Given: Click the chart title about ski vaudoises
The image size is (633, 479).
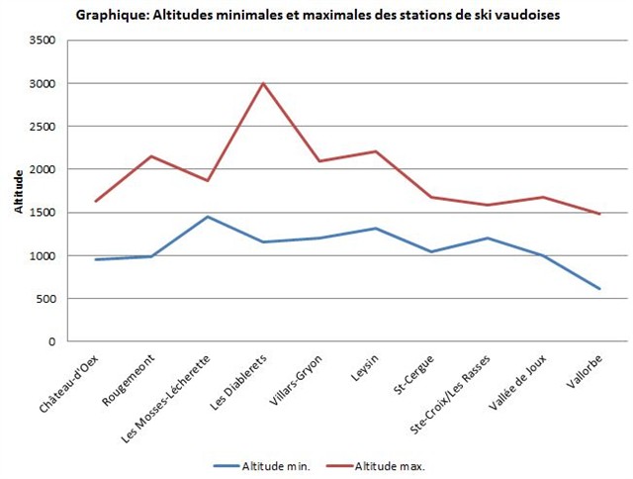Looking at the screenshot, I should pos(317,15).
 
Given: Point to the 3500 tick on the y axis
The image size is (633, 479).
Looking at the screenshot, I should pos(43,41).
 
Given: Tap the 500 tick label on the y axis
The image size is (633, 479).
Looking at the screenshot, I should pos(46,299).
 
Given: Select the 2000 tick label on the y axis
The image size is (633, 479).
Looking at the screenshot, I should pos(43,169).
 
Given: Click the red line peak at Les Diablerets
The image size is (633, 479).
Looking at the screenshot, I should pos(263,83).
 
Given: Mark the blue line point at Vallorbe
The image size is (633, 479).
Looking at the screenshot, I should pos(599,289).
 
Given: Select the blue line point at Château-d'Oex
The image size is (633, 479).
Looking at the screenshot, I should pos(96,259).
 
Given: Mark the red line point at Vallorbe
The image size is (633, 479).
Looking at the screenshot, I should pos(599,214).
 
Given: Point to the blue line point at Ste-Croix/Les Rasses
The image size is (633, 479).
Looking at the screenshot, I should pos(488,238).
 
